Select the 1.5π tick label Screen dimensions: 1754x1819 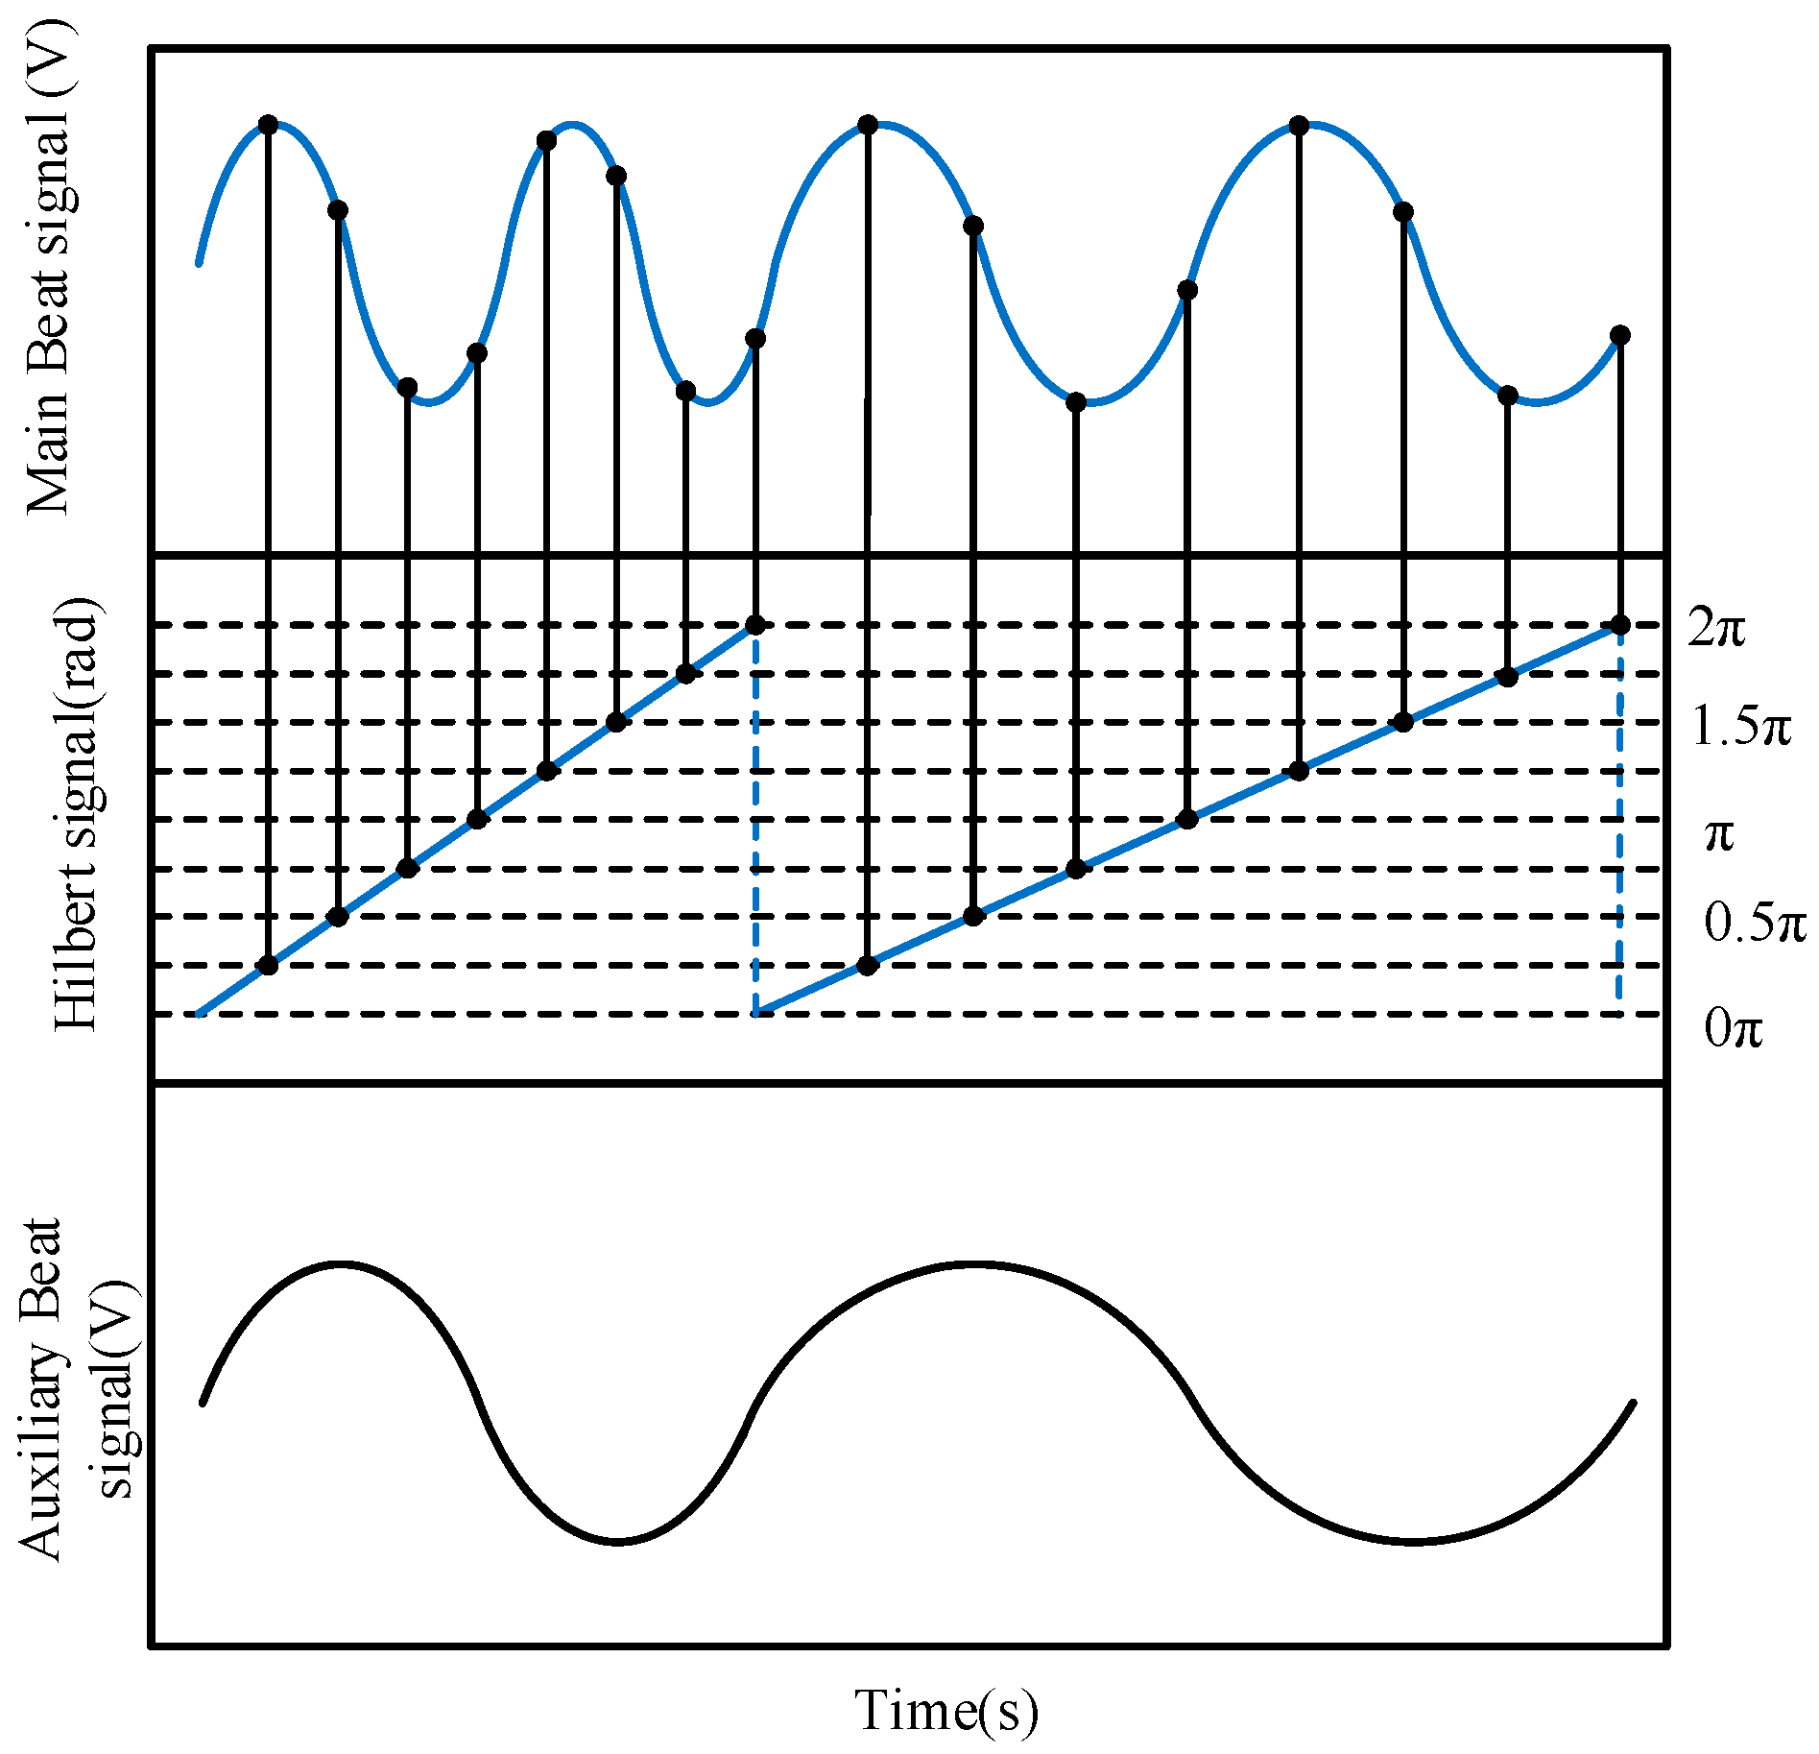point(1740,726)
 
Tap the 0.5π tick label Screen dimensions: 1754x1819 point(1755,923)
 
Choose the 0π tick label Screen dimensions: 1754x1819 point(1734,1028)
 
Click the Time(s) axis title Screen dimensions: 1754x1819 point(946,1710)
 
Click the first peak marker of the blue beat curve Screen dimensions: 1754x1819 point(269,125)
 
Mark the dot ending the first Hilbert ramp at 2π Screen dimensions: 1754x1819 point(755,626)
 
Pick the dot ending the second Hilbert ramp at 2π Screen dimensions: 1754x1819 point(1620,626)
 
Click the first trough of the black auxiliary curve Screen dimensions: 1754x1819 point(617,1542)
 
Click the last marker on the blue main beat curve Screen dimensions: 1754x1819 point(1620,335)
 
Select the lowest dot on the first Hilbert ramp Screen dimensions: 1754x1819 point(269,965)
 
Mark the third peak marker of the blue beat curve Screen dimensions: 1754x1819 point(868,125)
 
